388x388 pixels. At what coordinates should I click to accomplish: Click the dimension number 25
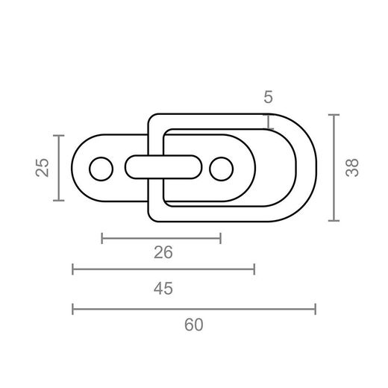coord(42,167)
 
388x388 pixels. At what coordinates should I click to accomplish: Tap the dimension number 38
coord(352,167)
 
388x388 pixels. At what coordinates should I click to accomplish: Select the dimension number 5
coord(268,97)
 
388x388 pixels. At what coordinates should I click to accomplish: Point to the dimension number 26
coord(163,252)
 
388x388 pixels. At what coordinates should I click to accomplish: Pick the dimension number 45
coord(163,289)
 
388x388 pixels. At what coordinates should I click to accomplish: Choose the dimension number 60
coord(194,325)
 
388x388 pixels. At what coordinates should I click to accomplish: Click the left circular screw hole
coord(101,169)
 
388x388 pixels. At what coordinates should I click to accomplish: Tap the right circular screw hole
coord(222,169)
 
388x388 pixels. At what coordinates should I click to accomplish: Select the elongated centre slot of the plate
coord(163,167)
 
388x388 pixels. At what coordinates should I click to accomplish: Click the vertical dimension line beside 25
coord(59,168)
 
